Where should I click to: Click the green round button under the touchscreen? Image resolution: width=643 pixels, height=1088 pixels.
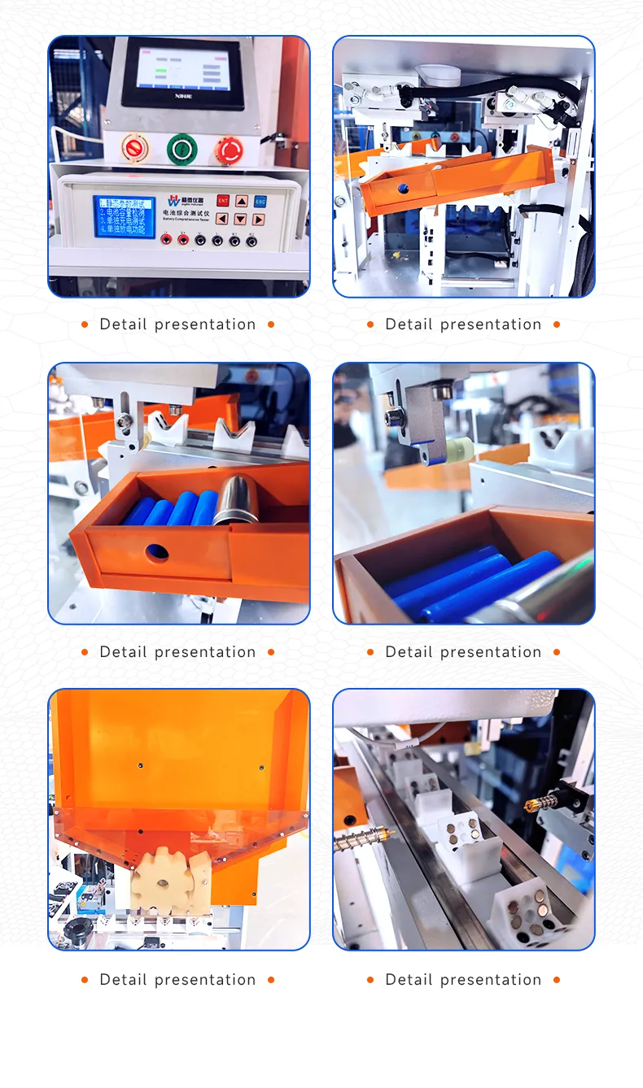pyautogui.click(x=182, y=149)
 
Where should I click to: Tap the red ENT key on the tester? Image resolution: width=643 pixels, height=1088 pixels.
pyautogui.click(x=222, y=201)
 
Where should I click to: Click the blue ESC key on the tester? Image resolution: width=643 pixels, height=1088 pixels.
pyautogui.click(x=260, y=201)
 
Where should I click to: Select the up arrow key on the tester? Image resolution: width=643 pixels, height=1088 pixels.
pyautogui.click(x=242, y=201)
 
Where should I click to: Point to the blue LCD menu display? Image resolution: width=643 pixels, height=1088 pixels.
pyautogui.click(x=124, y=216)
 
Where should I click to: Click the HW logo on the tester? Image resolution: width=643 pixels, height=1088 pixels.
pyautogui.click(x=173, y=201)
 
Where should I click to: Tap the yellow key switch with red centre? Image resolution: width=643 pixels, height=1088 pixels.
pyautogui.click(x=134, y=149)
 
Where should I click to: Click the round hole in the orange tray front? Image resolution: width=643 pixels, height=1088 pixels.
pyautogui.click(x=157, y=553)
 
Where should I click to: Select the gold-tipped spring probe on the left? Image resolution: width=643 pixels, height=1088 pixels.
pyautogui.click(x=363, y=835)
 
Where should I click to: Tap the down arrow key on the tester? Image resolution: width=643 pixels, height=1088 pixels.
pyautogui.click(x=241, y=220)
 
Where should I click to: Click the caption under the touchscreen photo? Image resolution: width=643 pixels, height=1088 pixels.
pyautogui.click(x=177, y=324)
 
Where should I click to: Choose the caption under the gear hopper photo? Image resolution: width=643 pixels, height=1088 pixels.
pyautogui.click(x=177, y=980)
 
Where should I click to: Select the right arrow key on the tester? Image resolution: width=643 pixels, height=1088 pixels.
pyautogui.click(x=259, y=220)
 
